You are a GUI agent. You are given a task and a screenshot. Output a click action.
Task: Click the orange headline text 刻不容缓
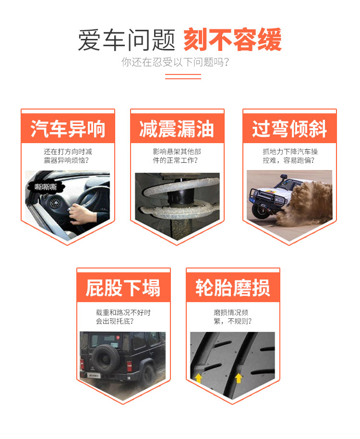[232, 39]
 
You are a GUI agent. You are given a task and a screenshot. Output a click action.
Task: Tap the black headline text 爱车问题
[126, 40]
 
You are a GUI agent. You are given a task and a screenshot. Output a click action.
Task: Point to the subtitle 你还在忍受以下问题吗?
[175, 62]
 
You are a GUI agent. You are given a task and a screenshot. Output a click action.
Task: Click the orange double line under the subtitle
[183, 76]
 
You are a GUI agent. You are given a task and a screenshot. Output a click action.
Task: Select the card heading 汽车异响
[68, 129]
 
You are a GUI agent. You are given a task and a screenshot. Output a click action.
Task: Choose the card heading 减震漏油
[177, 129]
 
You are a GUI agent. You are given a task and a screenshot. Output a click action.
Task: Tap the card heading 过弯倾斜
[289, 129]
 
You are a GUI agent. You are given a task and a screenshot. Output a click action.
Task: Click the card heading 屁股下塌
[123, 288]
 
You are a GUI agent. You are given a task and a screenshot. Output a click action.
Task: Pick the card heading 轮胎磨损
[233, 288]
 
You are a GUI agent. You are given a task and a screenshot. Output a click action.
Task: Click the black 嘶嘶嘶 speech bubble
[46, 187]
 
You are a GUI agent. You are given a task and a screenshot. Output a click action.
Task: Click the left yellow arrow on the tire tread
[198, 378]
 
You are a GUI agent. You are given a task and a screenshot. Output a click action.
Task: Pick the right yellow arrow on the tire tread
[239, 378]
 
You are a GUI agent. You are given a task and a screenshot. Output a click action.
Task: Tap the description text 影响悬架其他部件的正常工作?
[177, 156]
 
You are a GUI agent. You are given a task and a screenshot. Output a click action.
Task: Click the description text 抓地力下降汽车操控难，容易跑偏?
[290, 156]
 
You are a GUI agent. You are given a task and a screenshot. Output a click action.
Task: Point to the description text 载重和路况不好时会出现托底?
[123, 317]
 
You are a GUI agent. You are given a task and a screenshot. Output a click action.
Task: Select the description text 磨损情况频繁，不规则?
[232, 317]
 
